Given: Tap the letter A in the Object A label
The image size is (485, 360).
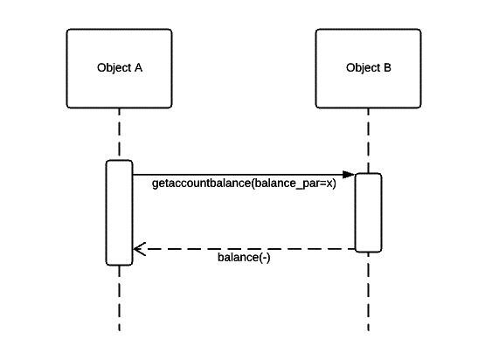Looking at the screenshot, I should (138, 68).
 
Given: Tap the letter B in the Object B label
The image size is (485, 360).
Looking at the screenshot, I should (387, 68).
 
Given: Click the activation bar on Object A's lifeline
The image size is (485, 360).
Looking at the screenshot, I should (119, 212).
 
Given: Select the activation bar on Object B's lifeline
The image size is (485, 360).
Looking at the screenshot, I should (368, 212).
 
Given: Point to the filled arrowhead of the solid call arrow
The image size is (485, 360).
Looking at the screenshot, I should (348, 175).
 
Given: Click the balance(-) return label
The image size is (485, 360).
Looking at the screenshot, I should (244, 258).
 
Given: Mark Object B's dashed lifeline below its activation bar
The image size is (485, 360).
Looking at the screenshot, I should (368, 293).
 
